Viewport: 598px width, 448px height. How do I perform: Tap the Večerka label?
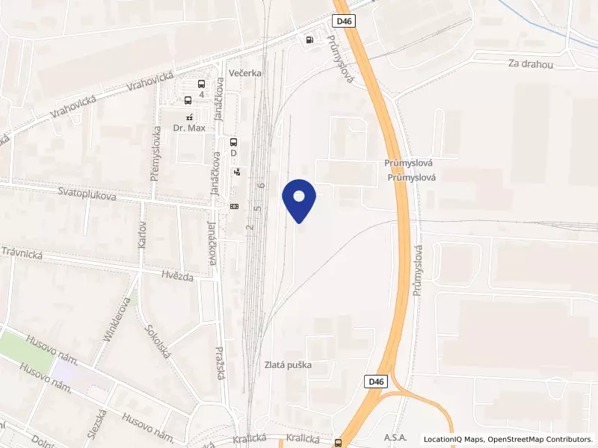pos(245,73)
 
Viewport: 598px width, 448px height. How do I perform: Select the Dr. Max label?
pos(188,128)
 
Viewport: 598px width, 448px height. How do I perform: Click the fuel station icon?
pos(309,40)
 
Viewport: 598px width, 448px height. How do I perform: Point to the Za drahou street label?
pos(530,64)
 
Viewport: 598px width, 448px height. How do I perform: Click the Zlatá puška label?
pos(288,365)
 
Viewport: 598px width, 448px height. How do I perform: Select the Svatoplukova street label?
pos(87,194)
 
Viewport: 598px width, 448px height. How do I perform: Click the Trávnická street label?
pos(22,254)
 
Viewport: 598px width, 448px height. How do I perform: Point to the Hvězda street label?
pos(177,277)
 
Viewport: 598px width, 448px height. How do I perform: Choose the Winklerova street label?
pos(117,320)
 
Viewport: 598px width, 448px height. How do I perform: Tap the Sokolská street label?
pos(159,340)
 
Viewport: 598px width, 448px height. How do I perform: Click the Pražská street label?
pos(221,362)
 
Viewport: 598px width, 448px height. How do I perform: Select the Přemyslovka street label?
pos(156,153)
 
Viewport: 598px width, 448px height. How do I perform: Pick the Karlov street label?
pos(141,234)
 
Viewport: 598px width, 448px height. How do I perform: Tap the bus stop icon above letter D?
pos(233,142)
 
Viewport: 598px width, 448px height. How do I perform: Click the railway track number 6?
pos(261,184)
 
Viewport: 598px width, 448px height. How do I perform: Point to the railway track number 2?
pos(250,225)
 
